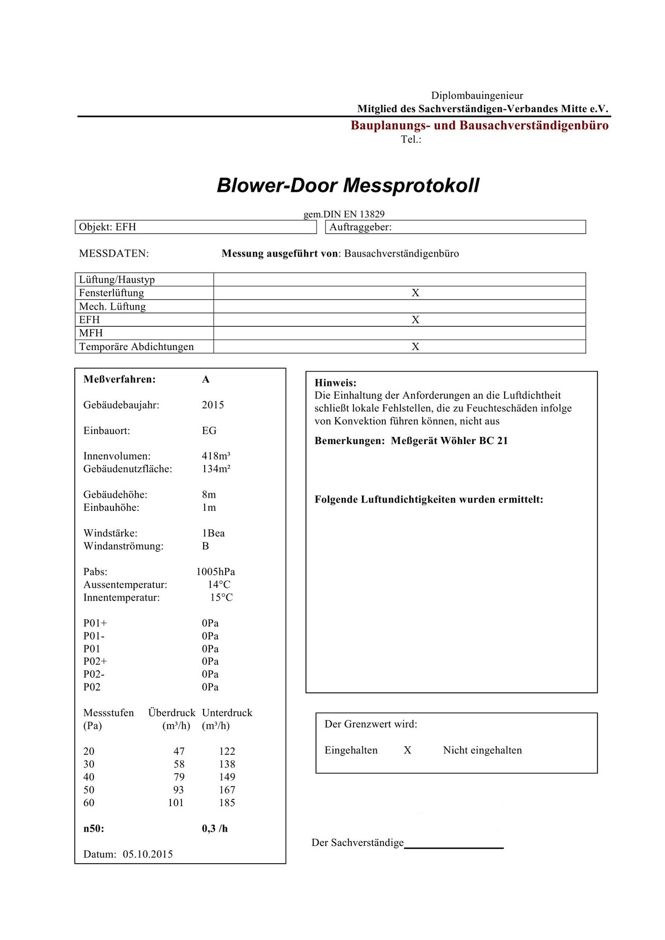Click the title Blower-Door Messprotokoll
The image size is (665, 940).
pyautogui.click(x=348, y=185)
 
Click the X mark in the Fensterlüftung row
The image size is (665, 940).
pyautogui.click(x=415, y=293)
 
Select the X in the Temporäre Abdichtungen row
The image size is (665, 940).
pyautogui.click(x=415, y=347)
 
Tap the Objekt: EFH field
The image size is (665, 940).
pyautogui.click(x=195, y=227)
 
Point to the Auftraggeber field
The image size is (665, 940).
pyautogui.click(x=455, y=227)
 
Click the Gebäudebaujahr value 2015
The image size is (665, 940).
pyautogui.click(x=213, y=405)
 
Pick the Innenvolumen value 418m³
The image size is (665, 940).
pyautogui.click(x=216, y=456)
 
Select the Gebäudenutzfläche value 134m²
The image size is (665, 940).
pyautogui.click(x=216, y=469)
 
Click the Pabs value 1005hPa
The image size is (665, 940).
pyautogui.click(x=216, y=572)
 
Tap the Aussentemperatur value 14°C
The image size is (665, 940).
pyautogui.click(x=219, y=584)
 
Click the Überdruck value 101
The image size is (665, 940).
pyautogui.click(x=176, y=803)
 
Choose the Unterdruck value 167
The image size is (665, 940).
pyautogui.click(x=227, y=790)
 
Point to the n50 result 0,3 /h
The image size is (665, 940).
pyautogui.click(x=215, y=829)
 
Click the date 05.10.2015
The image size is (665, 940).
pyautogui.click(x=148, y=854)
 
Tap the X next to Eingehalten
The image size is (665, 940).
pyautogui.click(x=407, y=750)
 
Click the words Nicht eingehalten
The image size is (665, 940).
pyautogui.click(x=482, y=750)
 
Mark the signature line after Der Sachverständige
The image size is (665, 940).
pyautogui.click(x=454, y=846)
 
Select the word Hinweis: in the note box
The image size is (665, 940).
pyautogui.click(x=335, y=383)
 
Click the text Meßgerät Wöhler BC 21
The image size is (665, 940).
pyautogui.click(x=449, y=441)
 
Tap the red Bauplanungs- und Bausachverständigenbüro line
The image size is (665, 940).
pyautogui.click(x=479, y=126)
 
